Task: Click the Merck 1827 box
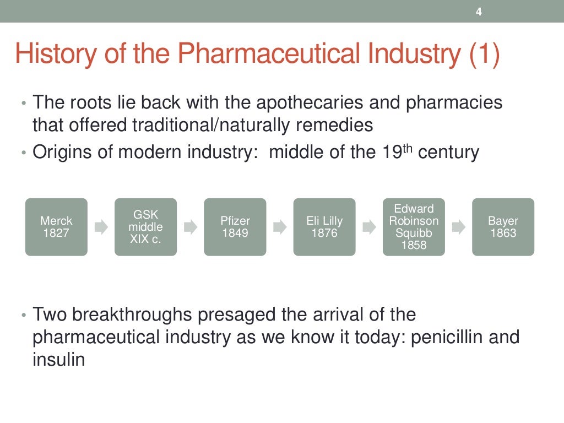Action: click(x=56, y=227)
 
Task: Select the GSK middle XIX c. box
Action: click(x=145, y=227)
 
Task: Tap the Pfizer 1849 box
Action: click(x=235, y=227)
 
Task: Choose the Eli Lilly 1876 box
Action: click(x=324, y=227)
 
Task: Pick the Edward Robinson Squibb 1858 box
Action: click(x=414, y=227)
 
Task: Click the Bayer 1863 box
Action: click(x=503, y=227)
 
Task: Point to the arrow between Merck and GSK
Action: click(x=101, y=227)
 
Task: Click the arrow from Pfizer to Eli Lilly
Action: click(x=280, y=227)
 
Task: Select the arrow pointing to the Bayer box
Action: click(x=458, y=227)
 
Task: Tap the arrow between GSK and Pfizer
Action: click(x=190, y=227)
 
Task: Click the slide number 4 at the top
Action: click(x=479, y=12)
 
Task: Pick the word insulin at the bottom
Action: click(x=59, y=360)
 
